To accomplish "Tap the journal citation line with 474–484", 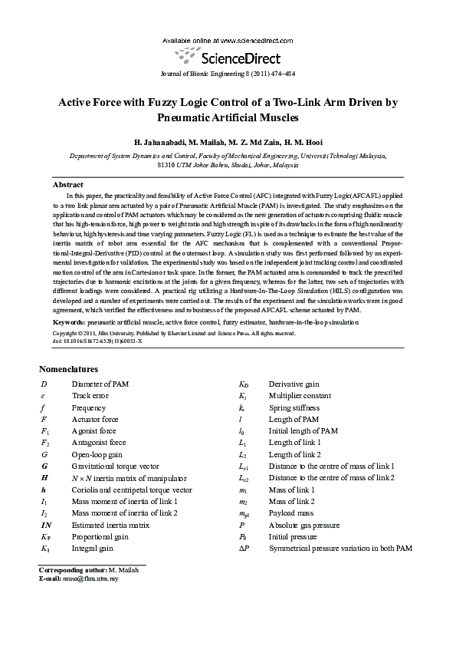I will [x=228, y=74].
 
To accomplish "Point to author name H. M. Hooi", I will [x=302, y=143].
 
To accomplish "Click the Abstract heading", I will [x=67, y=185].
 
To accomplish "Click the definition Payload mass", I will [x=290, y=513].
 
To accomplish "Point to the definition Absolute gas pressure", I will [x=303, y=525].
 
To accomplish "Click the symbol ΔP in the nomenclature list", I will [x=244, y=549].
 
